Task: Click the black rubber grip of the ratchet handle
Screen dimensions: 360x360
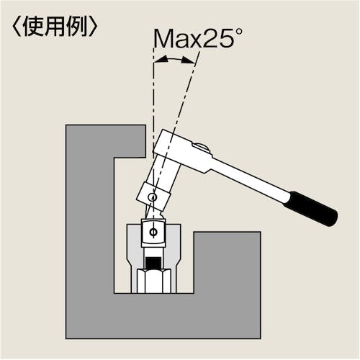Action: (x=311, y=208)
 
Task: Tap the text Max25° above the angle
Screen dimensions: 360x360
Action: (x=198, y=38)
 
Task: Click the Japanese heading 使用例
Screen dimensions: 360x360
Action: (x=55, y=27)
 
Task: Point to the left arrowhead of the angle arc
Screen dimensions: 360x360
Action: (x=161, y=59)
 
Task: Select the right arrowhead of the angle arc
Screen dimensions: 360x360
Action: (x=188, y=60)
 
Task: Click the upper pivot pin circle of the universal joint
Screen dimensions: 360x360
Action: (x=153, y=197)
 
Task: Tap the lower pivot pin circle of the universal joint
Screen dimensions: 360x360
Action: (x=153, y=232)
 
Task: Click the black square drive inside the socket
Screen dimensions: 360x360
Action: (x=153, y=264)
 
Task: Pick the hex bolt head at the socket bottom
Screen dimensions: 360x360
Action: (x=153, y=281)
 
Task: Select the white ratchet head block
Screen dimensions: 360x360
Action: (x=182, y=151)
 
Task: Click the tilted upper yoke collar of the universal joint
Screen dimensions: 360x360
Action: (x=153, y=196)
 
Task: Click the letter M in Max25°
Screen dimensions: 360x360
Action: (x=163, y=38)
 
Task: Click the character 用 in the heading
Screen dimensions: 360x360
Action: (x=55, y=27)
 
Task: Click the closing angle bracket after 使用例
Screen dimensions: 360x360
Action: (x=93, y=27)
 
